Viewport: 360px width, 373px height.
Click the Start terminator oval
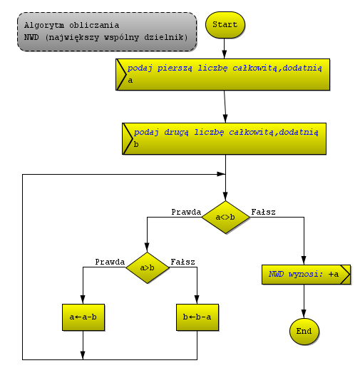click(225, 25)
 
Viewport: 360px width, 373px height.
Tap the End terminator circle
click(304, 331)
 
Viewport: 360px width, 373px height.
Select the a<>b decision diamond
click(225, 217)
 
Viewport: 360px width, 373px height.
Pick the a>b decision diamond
click(147, 267)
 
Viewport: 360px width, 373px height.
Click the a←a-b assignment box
click(83, 317)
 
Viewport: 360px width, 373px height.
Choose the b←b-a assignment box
click(197, 317)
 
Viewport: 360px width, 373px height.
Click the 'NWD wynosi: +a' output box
click(306, 275)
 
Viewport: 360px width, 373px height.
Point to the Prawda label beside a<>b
click(186, 212)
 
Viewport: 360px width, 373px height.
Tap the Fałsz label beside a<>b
click(264, 212)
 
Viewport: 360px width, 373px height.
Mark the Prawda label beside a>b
click(110, 262)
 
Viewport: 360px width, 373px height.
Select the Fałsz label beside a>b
click(183, 262)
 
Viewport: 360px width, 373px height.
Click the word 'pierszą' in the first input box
click(175, 68)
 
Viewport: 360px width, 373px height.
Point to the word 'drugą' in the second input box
click(176, 132)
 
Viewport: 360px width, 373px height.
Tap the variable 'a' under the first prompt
click(130, 81)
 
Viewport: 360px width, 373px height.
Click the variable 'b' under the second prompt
click(136, 144)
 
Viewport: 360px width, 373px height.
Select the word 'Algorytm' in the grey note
click(44, 25)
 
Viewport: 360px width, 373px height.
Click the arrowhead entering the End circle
click(304, 314)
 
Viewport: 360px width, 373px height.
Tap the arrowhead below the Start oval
click(225, 54)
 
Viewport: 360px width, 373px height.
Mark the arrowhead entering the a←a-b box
click(83, 300)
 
